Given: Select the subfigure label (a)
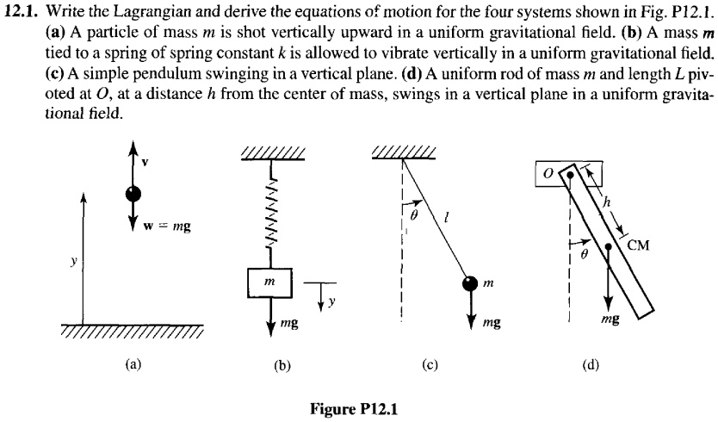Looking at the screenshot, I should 133,364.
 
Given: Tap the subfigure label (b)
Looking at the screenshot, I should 282,365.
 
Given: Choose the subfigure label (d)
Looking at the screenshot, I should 590,364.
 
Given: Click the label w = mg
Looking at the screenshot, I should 168,227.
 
